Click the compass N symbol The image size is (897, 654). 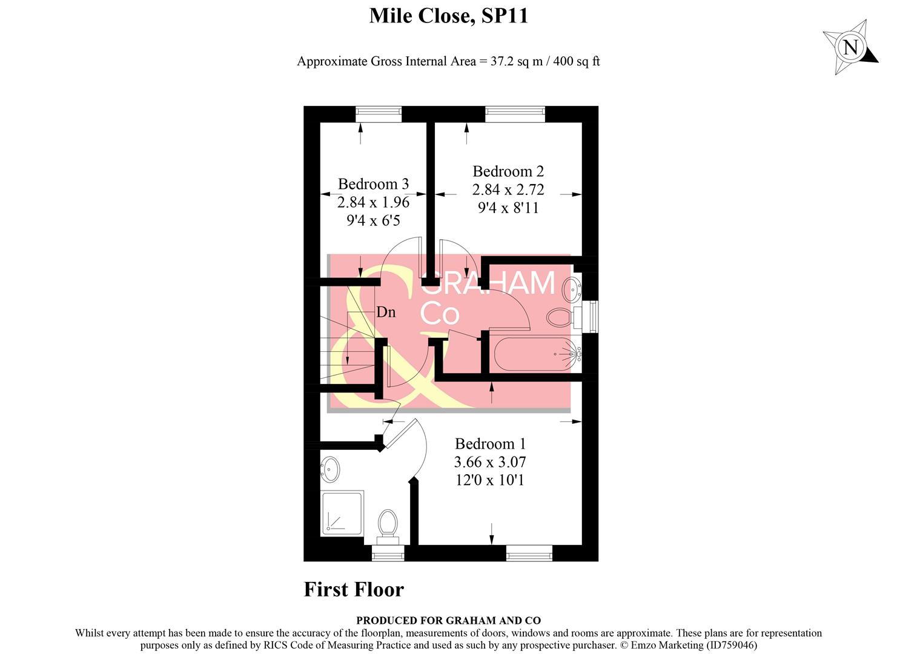point(850,47)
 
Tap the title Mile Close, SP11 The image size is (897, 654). point(448,16)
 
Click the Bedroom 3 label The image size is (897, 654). point(373,184)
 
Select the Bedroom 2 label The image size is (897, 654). point(508,171)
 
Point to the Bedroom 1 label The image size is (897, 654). point(490,444)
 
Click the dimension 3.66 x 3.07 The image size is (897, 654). point(490,462)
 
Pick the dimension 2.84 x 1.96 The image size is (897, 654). point(373,202)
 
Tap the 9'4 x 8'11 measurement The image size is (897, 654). point(508,208)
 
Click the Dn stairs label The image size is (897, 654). point(386,312)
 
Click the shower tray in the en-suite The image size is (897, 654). point(342,513)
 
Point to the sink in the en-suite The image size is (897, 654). point(330,468)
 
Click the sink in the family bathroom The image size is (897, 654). point(572,289)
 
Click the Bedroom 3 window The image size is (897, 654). point(379,114)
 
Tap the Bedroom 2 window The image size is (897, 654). point(515,114)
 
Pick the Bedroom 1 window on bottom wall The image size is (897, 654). point(529,553)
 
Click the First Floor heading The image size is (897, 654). point(354,590)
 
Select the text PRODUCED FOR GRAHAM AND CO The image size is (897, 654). point(448,621)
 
